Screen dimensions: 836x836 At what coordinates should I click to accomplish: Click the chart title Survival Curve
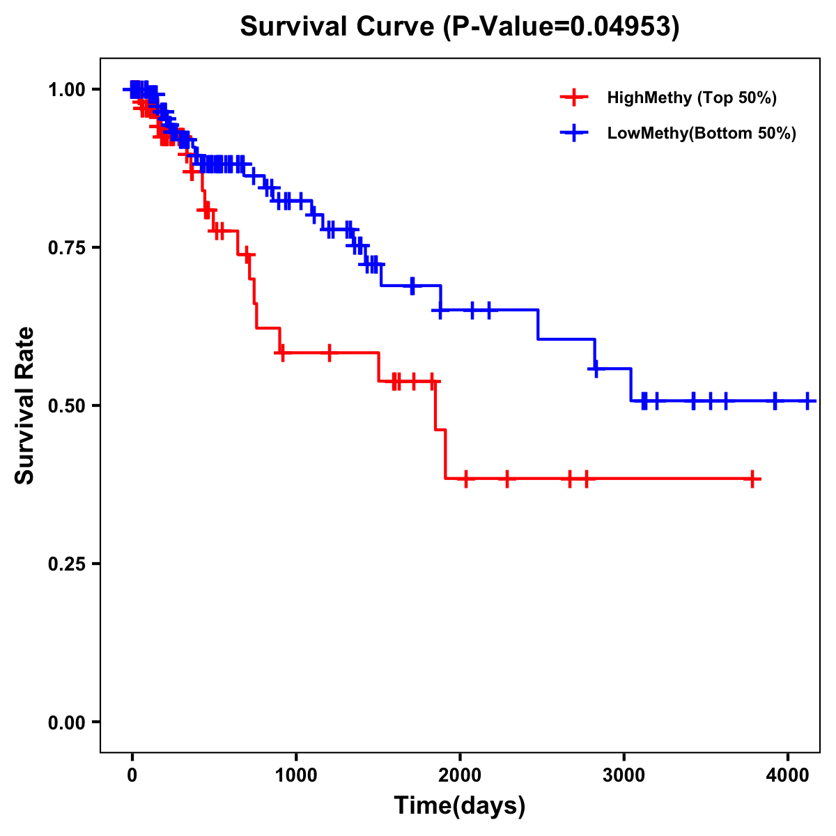coord(338,26)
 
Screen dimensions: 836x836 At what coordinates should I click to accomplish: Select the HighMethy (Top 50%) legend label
coord(691,98)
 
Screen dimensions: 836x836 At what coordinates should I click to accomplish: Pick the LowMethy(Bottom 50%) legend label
coord(702,133)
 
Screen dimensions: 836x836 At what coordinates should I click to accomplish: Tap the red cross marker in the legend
coord(574,98)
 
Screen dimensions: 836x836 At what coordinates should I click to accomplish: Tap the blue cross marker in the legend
coord(574,133)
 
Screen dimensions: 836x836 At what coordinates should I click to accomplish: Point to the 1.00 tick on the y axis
coord(66,90)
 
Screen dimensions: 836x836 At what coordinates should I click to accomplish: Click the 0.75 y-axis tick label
coord(66,248)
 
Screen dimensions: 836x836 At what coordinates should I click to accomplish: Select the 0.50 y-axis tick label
coord(66,406)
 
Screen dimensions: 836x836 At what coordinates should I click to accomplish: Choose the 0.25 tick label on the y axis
coord(66,564)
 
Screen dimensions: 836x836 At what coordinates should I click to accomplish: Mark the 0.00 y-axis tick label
coord(66,722)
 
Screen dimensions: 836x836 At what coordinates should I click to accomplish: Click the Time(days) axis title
coord(460,806)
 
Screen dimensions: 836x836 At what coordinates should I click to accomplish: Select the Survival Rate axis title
coord(25,405)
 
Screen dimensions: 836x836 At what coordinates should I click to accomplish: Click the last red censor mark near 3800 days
coord(752,479)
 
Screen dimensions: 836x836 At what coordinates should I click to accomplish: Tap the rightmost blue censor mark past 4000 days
coord(807,401)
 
